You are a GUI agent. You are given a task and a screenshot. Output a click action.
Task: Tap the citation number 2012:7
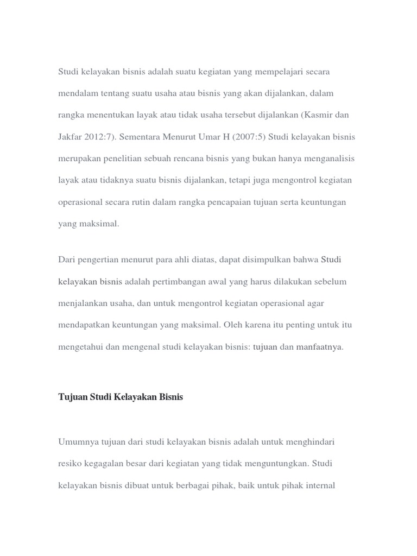(x=99, y=137)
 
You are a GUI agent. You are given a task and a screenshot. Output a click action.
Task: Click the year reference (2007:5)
(x=250, y=137)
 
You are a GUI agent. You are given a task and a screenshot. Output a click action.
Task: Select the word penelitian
(x=124, y=159)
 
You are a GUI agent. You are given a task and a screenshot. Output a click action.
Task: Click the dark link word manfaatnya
(x=319, y=346)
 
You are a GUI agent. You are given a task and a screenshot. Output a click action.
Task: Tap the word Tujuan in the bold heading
(x=72, y=397)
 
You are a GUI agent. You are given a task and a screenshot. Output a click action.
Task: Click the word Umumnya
(x=77, y=442)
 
